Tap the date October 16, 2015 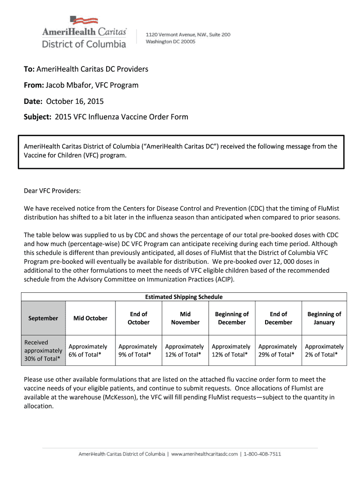point(74,101)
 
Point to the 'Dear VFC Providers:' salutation point(53,191)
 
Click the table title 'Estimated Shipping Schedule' point(184,297)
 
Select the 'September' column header point(43,318)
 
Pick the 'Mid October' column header point(90,318)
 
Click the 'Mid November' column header point(185,318)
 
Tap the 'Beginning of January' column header point(324,318)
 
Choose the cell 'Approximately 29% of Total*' point(278,350)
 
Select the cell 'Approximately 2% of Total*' point(324,350)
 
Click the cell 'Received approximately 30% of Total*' point(43,350)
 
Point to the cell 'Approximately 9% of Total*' point(137,350)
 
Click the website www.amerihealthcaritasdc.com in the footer point(205,454)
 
